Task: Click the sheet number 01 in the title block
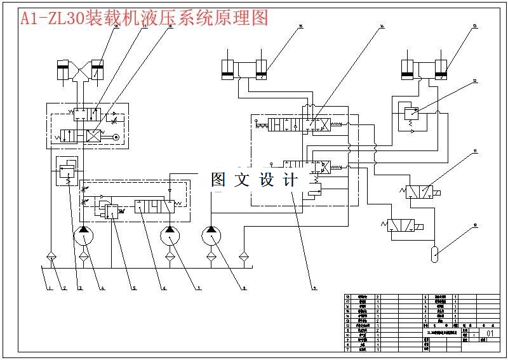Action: [x=490, y=333]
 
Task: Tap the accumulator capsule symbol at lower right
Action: [x=434, y=253]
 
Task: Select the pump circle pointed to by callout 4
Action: [x=84, y=237]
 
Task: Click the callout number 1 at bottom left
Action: [x=48, y=289]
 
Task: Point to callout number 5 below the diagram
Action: [x=134, y=289]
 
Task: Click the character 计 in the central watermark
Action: [x=290, y=180]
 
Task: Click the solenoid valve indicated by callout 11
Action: [x=419, y=192]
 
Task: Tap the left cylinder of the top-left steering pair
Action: [x=63, y=70]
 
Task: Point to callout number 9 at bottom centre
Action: [x=314, y=289]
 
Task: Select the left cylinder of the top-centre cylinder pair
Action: [x=228, y=69]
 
